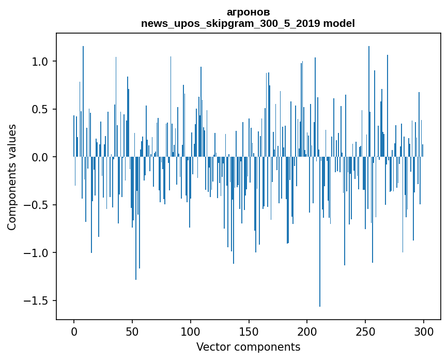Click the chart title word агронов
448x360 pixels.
248,12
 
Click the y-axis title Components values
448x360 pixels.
12,177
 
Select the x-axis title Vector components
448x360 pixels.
248,347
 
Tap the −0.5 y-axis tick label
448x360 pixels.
36,205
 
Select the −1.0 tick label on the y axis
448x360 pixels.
36,253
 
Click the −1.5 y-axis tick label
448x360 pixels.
36,301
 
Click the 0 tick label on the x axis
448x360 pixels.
74,331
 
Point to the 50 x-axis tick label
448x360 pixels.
132,331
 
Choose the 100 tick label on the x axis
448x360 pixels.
191,331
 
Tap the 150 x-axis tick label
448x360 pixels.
249,331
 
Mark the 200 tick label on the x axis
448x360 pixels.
307,331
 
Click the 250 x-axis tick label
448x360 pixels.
365,331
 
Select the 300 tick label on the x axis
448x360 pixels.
424,331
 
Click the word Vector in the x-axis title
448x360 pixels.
212,347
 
